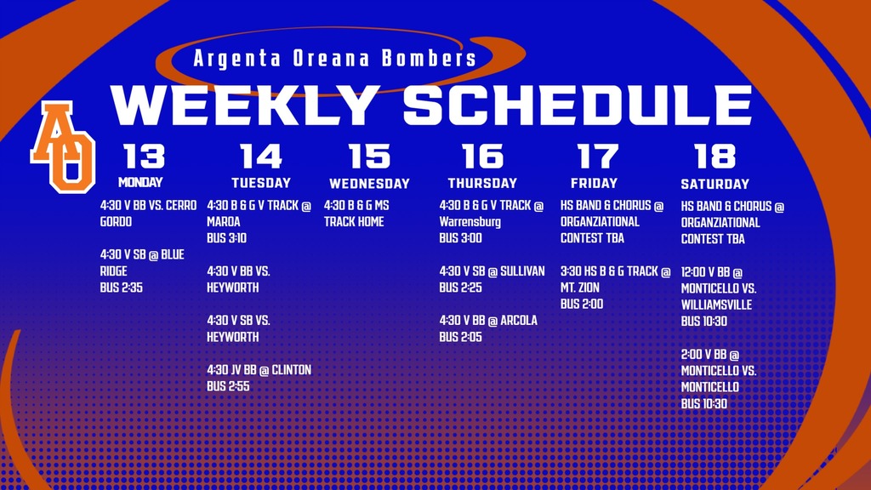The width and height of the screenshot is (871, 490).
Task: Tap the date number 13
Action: click(x=144, y=157)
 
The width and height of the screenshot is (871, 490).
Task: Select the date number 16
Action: click(x=482, y=157)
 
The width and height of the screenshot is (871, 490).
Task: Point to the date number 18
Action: click(x=714, y=157)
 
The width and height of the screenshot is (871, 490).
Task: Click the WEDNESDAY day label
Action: click(x=369, y=184)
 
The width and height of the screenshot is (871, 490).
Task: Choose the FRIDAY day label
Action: click(x=595, y=183)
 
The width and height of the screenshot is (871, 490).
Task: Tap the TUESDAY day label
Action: click(x=261, y=183)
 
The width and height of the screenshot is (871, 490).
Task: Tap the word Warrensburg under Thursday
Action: click(x=470, y=222)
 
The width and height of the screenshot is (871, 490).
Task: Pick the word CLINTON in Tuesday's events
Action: click(x=291, y=370)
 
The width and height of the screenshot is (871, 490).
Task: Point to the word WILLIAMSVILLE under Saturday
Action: click(x=716, y=305)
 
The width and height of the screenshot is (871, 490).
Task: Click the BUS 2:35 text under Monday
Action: click(x=121, y=288)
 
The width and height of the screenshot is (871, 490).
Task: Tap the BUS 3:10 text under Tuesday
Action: click(x=226, y=238)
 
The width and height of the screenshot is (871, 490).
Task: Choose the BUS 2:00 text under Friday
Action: click(x=582, y=304)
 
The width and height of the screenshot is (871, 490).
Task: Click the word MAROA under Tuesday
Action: click(x=224, y=222)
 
